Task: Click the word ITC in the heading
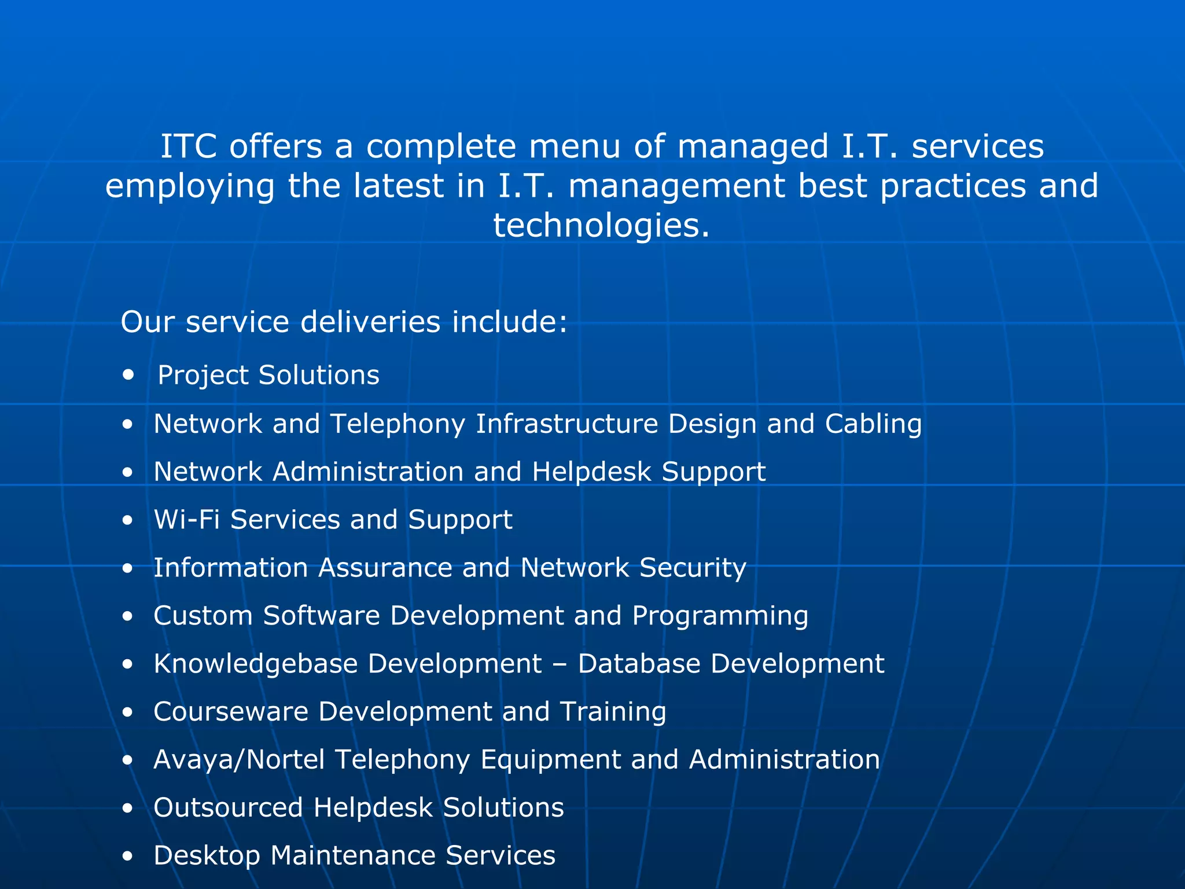[x=189, y=146]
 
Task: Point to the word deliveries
[x=370, y=322]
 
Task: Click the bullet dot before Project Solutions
[x=128, y=375]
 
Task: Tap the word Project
[x=203, y=376]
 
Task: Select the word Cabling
[x=873, y=424]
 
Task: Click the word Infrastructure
[x=566, y=424]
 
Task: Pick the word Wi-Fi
[x=187, y=519]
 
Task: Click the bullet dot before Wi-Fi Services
[x=128, y=520]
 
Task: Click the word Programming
[x=720, y=616]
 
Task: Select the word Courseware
[x=230, y=711]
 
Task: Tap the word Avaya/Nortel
[x=238, y=759]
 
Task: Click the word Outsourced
[x=228, y=807]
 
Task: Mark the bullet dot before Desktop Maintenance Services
[x=128, y=856]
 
